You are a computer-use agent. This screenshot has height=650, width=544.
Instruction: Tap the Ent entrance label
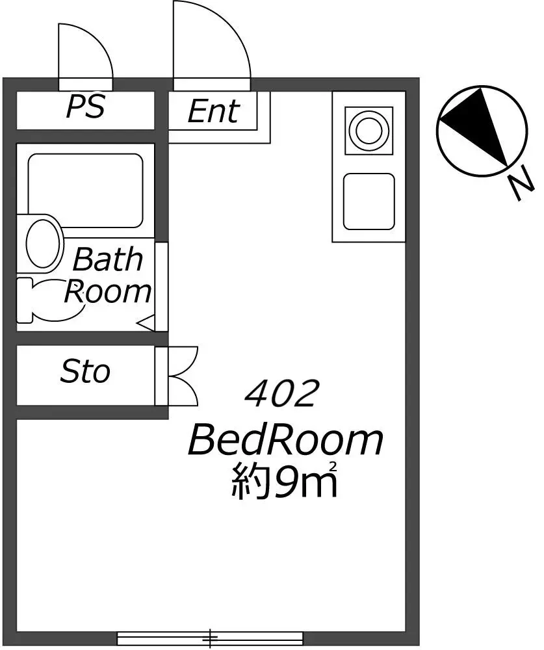point(214,111)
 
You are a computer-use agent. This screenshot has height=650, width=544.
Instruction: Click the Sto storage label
point(85,371)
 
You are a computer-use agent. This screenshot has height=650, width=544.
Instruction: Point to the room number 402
point(282,393)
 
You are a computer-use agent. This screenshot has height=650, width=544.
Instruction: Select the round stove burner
point(368,130)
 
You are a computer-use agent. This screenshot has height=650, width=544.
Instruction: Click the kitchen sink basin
point(369,201)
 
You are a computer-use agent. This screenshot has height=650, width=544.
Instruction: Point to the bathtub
point(85,190)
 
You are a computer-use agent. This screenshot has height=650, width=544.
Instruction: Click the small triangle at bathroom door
point(148,322)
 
